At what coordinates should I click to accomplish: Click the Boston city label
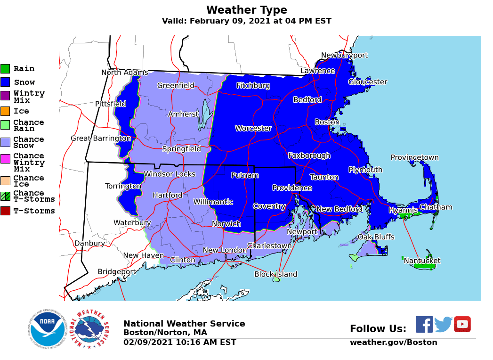(x=327, y=122)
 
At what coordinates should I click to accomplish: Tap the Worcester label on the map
(x=253, y=128)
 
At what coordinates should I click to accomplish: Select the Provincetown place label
(x=414, y=157)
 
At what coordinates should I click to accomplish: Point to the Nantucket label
(x=422, y=261)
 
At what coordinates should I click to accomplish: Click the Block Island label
(x=275, y=274)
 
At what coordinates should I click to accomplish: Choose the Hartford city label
(x=167, y=195)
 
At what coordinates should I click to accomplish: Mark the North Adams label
(x=125, y=72)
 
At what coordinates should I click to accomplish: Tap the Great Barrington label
(x=101, y=138)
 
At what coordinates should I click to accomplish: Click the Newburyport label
(x=344, y=55)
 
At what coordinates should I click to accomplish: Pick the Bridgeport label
(x=116, y=271)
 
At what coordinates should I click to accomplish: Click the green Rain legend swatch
(x=5, y=69)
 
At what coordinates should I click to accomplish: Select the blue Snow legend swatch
(x=5, y=82)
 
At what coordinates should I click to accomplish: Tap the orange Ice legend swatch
(x=5, y=111)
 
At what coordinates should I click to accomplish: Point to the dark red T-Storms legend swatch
(x=5, y=211)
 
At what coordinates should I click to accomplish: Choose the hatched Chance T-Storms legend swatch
(x=5, y=196)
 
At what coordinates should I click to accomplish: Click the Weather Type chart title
(x=246, y=10)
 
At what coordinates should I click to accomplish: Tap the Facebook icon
(x=424, y=324)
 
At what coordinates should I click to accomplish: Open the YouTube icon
(x=462, y=324)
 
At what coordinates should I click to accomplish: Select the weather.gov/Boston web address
(x=393, y=343)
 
